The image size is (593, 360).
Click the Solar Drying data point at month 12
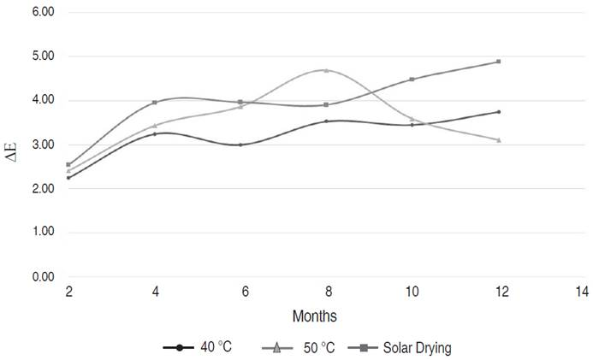pos(498,62)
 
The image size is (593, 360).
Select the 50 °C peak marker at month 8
pos(326,70)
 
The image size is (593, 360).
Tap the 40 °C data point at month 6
pos(240,145)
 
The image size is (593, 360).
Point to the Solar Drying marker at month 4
pos(155,103)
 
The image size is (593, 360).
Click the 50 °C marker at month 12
pos(498,139)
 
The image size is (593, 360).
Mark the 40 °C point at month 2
pos(68,178)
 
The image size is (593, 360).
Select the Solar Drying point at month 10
pos(412,80)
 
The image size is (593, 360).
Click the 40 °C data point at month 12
pos(498,112)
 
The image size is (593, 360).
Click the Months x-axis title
pos(315,316)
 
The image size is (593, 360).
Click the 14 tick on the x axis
pos(582,292)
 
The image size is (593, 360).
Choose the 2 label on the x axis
pos(68,292)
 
